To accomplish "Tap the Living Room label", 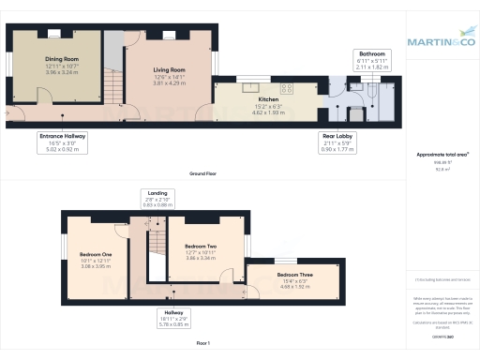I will pos(169,69).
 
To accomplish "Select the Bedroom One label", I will pos(96,255).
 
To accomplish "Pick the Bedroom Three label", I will pos(295,275).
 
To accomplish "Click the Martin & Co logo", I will pos(442,41).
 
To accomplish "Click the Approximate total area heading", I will pos(442,153).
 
